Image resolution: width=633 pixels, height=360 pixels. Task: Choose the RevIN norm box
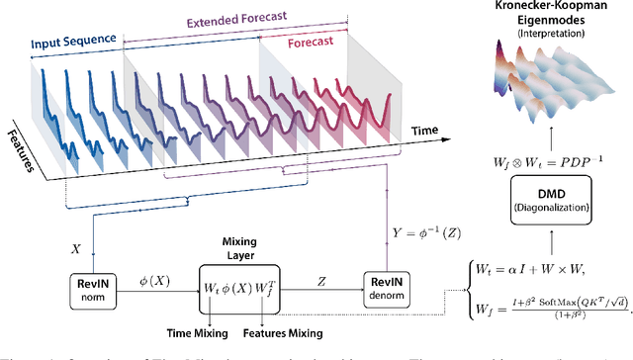tap(94, 284)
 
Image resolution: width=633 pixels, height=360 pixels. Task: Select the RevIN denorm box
tap(390, 285)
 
